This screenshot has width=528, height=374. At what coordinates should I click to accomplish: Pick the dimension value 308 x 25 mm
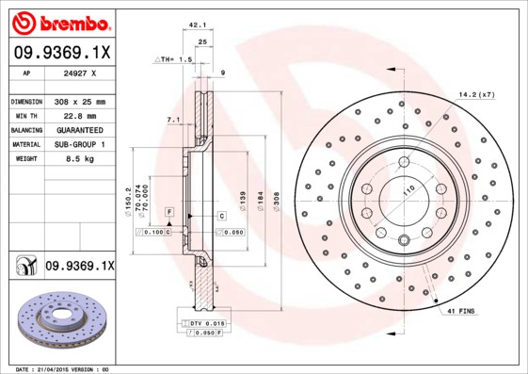[x=80, y=101]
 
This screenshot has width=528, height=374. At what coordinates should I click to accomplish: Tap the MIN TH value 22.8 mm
[x=75, y=115]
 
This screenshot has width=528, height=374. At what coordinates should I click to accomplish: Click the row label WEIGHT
[x=25, y=159]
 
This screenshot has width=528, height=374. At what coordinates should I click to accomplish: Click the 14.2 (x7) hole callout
[x=475, y=94]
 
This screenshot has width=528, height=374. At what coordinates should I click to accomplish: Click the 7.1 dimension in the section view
[x=173, y=120]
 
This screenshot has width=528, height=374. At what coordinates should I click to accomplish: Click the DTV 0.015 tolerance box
[x=201, y=323]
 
